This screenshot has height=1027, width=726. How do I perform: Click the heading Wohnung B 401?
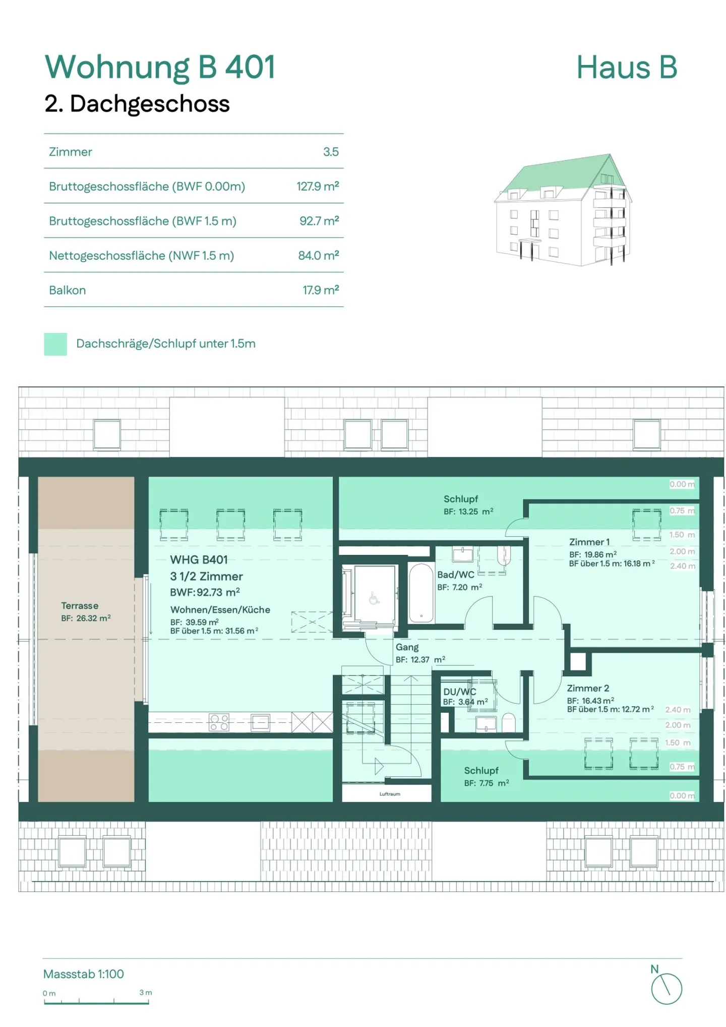[160, 67]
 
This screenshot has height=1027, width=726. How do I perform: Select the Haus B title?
[626, 68]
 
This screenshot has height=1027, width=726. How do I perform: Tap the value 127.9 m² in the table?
[317, 187]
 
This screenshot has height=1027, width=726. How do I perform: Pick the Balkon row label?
[67, 291]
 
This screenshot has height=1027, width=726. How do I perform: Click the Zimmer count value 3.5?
[331, 152]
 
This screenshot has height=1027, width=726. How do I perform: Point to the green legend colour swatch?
[55, 344]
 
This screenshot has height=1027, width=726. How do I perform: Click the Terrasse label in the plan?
[80, 606]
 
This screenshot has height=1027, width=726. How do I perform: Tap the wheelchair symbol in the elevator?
[374, 599]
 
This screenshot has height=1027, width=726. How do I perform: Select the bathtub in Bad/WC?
[421, 593]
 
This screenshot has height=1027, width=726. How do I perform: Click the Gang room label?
[407, 647]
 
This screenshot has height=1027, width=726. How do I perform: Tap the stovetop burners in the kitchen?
[219, 722]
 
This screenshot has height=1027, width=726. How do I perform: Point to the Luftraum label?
[390, 794]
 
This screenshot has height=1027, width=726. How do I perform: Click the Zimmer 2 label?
[587, 689]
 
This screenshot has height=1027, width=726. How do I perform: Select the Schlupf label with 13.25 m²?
[460, 499]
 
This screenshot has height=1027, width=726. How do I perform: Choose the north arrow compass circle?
[666, 989]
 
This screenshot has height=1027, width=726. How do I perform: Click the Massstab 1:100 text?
[83, 974]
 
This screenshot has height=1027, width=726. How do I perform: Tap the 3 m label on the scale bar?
[145, 993]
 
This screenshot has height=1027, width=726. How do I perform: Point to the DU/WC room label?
[459, 692]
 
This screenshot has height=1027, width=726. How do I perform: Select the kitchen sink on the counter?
[260, 722]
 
